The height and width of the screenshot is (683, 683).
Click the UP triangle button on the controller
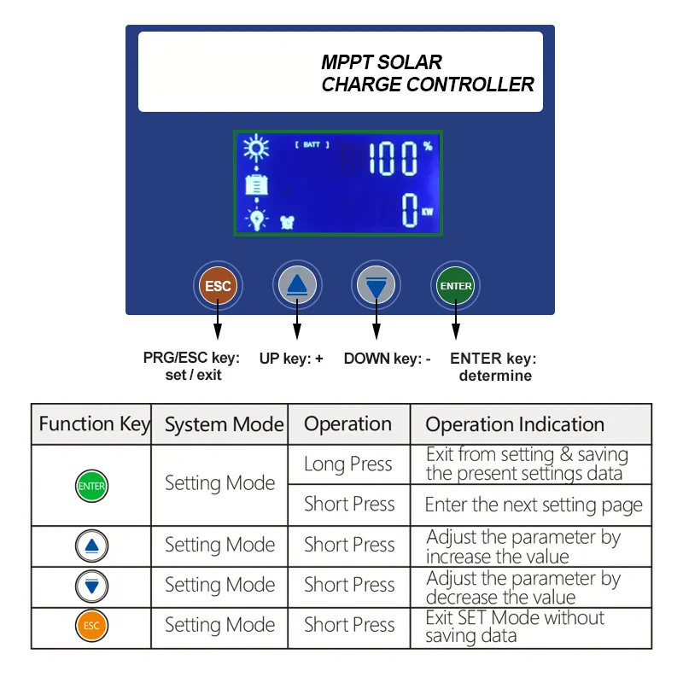tap(296, 285)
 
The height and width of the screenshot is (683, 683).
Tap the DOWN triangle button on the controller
tap(377, 285)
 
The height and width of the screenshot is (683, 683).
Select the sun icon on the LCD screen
tap(255, 149)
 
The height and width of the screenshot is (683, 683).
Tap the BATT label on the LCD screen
tap(312, 145)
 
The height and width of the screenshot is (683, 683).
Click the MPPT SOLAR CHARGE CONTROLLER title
tap(427, 73)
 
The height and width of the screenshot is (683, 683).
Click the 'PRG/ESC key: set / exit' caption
tap(191, 366)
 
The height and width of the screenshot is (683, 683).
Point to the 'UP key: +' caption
tap(291, 359)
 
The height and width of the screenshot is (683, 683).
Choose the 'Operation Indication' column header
tap(515, 425)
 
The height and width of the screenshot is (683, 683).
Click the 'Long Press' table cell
tap(348, 464)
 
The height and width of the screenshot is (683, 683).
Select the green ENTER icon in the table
tap(91, 486)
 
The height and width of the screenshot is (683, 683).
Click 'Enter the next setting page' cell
tap(534, 505)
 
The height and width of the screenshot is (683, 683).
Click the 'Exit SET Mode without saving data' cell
tap(515, 627)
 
